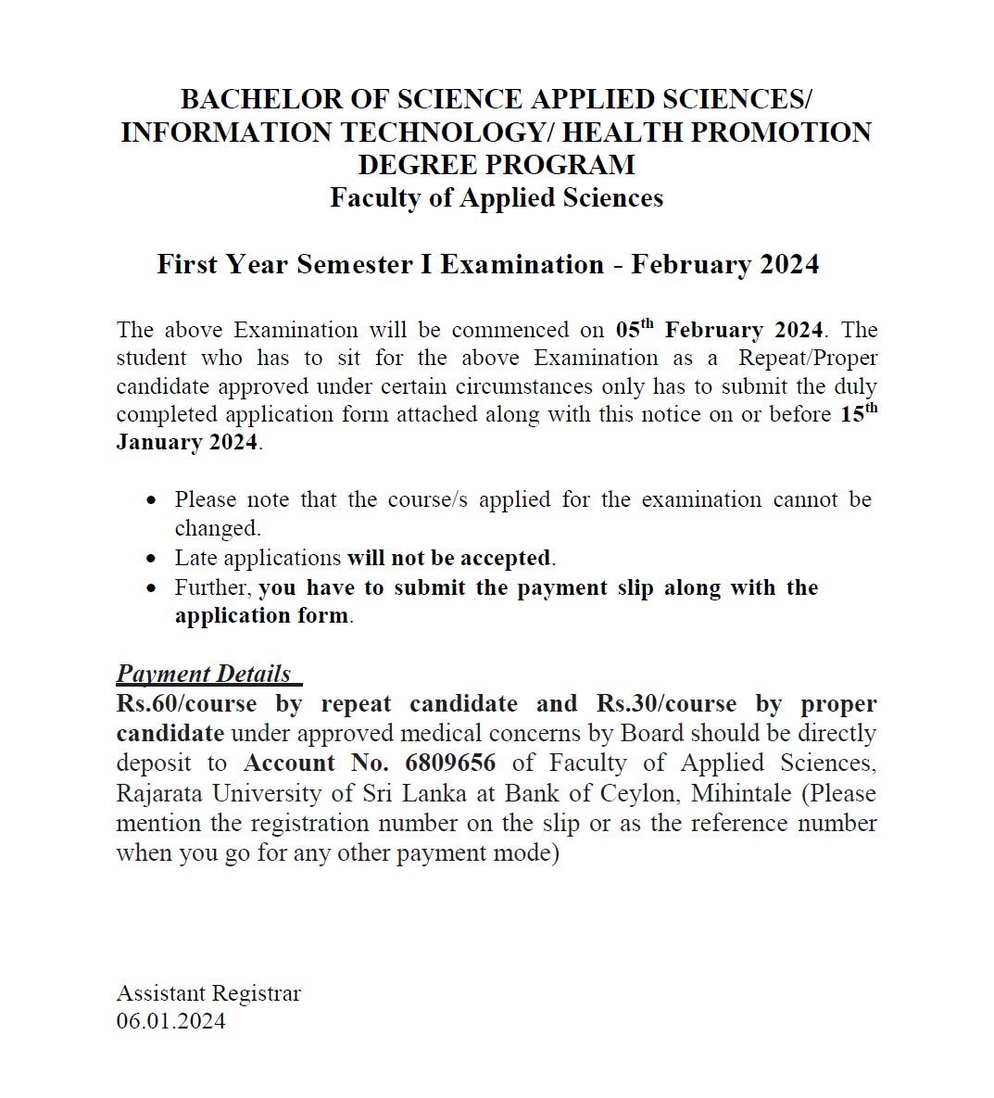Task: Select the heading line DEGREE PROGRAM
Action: [497, 165]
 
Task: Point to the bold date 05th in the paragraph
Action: [635, 330]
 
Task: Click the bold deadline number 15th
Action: [859, 413]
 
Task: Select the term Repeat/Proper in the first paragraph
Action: [808, 359]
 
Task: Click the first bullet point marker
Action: [152, 500]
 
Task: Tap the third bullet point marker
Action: [152, 588]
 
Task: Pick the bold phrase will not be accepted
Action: [449, 558]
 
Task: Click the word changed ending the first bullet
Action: [217, 528]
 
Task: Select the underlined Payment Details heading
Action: [204, 674]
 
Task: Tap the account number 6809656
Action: [450, 764]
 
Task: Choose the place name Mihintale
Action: [741, 794]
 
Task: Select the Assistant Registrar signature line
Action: [208, 993]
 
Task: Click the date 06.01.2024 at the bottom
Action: [170, 1021]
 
